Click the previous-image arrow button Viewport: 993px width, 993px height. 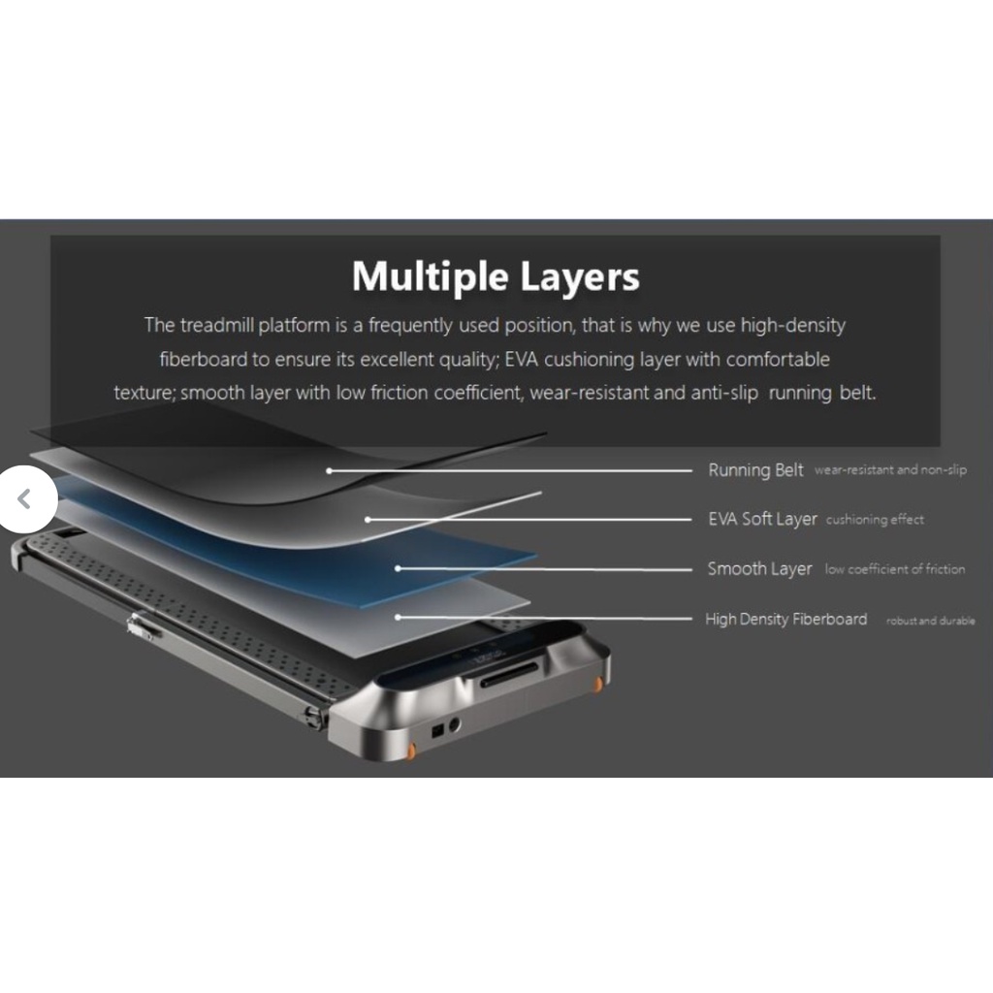tap(24, 499)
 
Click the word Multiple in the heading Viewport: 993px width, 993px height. tap(431, 278)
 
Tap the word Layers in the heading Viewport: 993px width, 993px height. tap(580, 276)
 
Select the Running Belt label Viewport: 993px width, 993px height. tap(755, 470)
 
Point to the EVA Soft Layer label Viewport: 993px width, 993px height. tap(762, 520)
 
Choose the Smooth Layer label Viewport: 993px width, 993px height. tap(759, 569)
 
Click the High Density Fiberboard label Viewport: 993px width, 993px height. tap(785, 619)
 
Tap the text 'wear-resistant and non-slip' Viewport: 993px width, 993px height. tap(890, 470)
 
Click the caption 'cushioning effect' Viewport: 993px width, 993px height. tap(875, 520)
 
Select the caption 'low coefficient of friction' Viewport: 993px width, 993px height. tap(894, 569)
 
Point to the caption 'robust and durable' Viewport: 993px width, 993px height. tap(930, 621)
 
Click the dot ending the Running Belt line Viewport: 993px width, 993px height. tap(330, 470)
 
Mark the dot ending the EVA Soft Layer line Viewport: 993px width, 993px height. tap(368, 520)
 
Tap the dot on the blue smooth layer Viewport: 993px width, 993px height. tap(398, 568)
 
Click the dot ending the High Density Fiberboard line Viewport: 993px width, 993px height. tap(398, 617)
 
